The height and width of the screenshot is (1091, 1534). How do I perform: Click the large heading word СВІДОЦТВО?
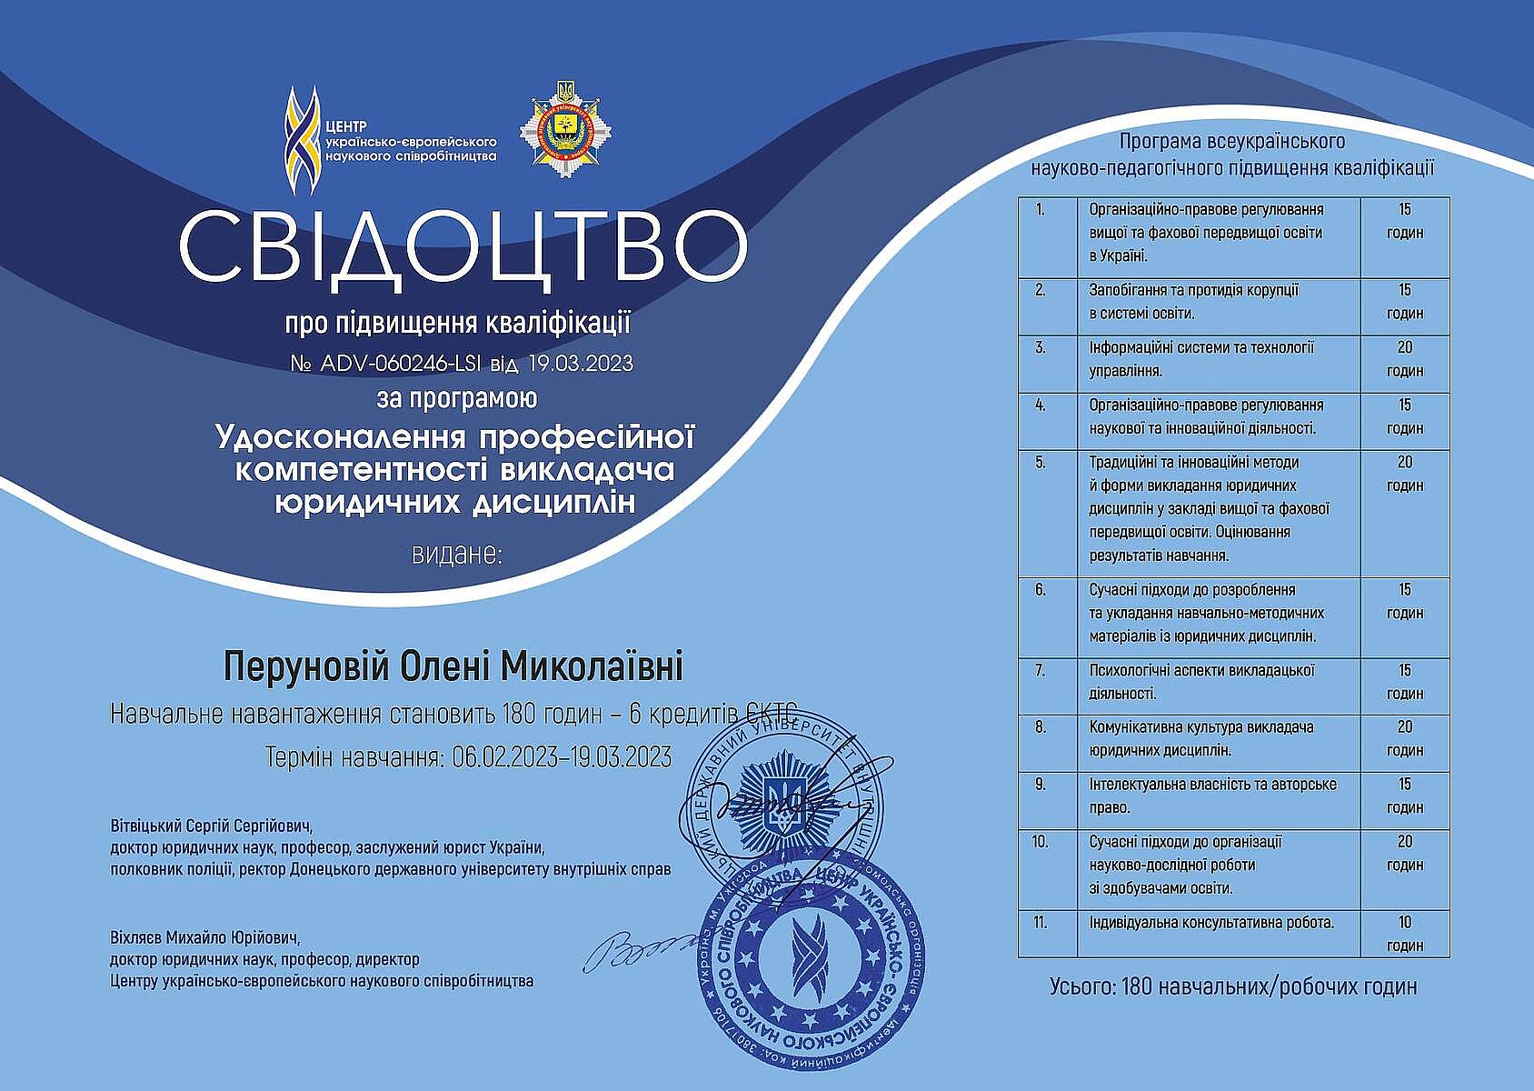[463, 246]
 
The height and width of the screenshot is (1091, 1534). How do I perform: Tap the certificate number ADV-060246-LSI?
[401, 364]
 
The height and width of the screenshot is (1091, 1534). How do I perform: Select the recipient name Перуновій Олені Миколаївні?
[453, 666]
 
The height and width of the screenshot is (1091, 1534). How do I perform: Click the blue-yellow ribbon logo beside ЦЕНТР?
[302, 140]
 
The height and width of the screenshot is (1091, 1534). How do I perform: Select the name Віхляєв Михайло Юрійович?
[204, 936]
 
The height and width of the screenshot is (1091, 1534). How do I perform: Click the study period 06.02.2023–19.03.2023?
[562, 757]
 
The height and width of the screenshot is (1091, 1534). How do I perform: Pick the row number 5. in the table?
[1041, 463]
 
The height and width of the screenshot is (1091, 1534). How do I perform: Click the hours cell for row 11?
[1404, 934]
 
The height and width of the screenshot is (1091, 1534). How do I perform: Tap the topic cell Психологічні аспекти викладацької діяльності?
[1202, 682]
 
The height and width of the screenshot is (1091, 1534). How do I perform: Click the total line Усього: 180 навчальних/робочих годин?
[1232, 986]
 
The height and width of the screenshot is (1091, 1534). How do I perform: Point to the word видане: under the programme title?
[456, 553]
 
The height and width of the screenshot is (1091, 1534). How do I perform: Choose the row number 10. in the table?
[1041, 842]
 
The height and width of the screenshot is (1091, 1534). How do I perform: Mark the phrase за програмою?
[457, 398]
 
